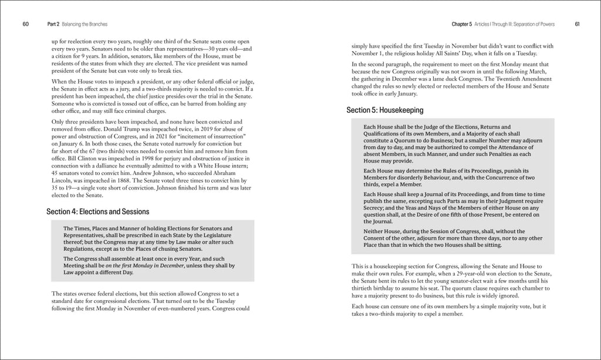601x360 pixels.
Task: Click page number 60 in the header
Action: click(x=26, y=24)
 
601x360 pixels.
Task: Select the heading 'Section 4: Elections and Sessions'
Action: click(x=97, y=211)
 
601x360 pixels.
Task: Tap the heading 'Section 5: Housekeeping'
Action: click(x=384, y=110)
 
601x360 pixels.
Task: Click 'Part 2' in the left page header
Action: click(x=54, y=24)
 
